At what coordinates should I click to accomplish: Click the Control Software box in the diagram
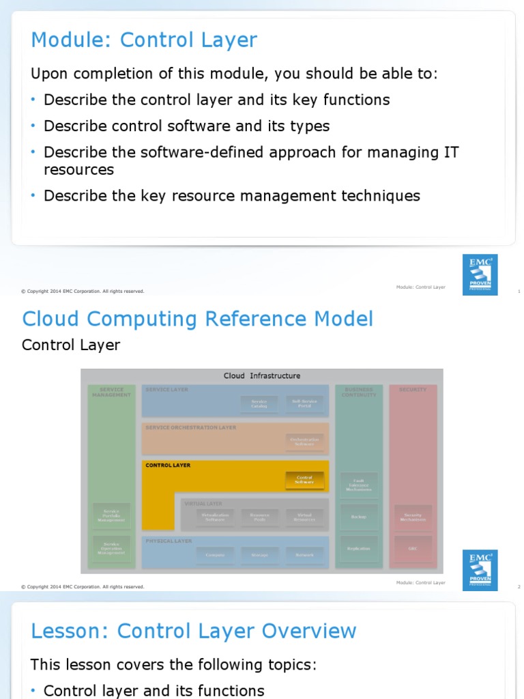(304, 481)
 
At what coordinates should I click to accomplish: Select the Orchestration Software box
(304, 442)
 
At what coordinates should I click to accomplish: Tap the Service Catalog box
(259, 404)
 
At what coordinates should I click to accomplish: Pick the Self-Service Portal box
(304, 404)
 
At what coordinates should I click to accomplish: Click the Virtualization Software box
(214, 517)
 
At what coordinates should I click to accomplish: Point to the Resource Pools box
(259, 517)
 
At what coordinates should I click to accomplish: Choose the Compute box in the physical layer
(214, 555)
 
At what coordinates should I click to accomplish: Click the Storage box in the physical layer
(259, 555)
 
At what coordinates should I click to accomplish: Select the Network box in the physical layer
(304, 555)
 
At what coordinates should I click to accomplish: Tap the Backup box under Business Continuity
(359, 517)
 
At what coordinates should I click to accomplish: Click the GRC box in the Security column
(413, 547)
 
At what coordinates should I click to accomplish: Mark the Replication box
(359, 548)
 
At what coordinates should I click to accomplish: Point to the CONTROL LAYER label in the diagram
(168, 466)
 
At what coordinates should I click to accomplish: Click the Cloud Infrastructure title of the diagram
(262, 375)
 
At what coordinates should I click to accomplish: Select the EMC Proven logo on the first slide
(480, 274)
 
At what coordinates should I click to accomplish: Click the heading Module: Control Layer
(144, 40)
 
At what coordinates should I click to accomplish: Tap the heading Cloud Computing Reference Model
(198, 319)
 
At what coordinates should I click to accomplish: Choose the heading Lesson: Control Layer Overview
(194, 631)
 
